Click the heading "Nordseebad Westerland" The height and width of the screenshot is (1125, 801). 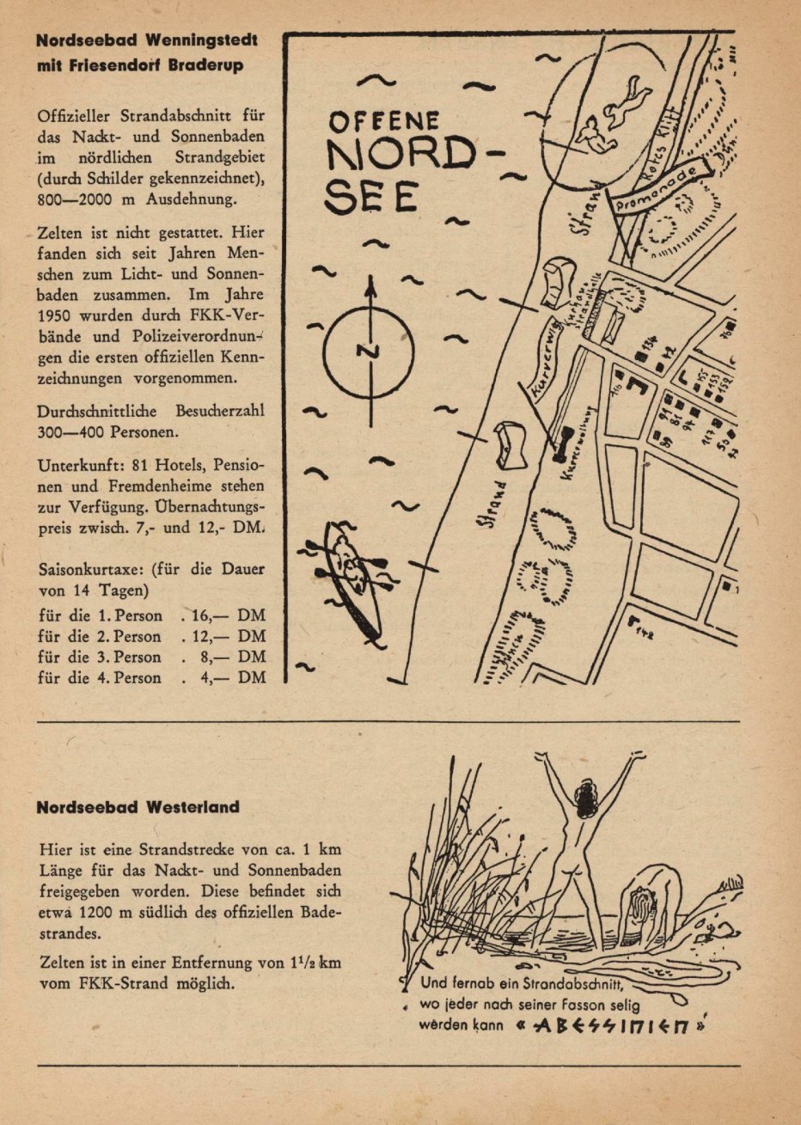[x=138, y=808]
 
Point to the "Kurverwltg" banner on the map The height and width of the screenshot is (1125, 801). [x=547, y=358]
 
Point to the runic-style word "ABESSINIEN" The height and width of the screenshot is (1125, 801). [x=611, y=1026]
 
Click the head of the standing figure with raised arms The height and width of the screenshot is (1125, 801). [x=587, y=800]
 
